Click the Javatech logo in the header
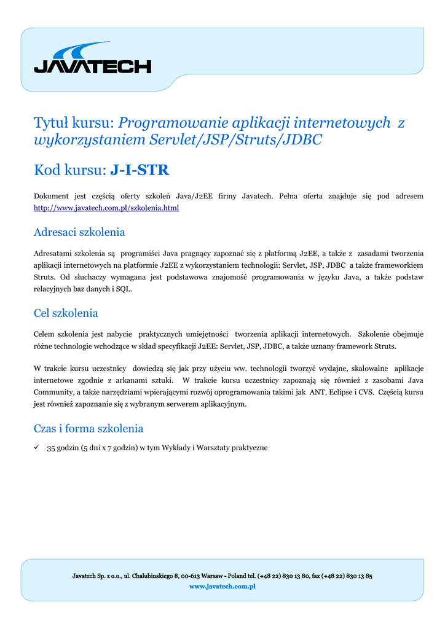point(92,59)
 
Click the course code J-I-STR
point(140,170)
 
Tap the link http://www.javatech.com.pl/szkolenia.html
point(106,208)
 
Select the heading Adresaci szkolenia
point(79,232)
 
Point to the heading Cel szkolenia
point(66,313)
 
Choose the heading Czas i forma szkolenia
point(89,428)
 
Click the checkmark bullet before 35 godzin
point(37,448)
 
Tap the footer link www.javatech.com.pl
point(222,587)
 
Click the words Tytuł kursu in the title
point(73,123)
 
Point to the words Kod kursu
point(69,170)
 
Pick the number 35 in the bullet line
point(51,448)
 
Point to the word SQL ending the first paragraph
point(124,289)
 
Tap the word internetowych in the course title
point(341,123)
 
